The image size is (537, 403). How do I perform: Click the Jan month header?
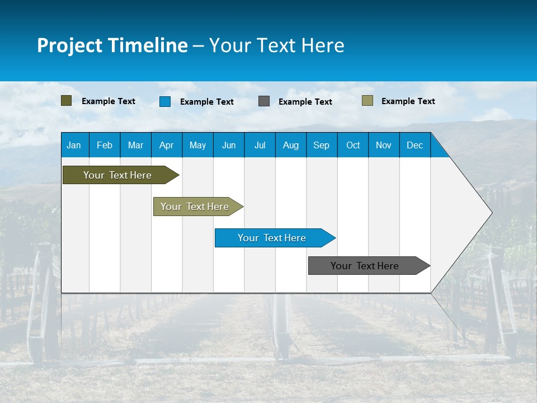coord(74,145)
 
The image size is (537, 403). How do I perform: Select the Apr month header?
coord(167,145)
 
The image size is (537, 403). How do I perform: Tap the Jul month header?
coord(260,145)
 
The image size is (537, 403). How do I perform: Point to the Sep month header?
coord(322,145)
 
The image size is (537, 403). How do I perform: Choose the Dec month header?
coord(414,145)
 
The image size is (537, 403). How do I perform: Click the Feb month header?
coord(105,145)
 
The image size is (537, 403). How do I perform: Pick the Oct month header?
coord(353,145)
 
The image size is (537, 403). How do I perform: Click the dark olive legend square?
coord(67,101)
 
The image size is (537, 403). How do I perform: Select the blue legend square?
coord(165,101)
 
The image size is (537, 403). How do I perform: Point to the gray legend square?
coord(264,101)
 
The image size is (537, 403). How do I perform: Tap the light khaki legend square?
coord(368,101)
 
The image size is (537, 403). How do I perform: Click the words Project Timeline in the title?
coord(112,45)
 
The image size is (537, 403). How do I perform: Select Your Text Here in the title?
coord(277,45)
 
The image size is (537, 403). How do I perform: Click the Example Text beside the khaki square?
coord(408,101)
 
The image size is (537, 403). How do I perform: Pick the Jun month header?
coord(229,145)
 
